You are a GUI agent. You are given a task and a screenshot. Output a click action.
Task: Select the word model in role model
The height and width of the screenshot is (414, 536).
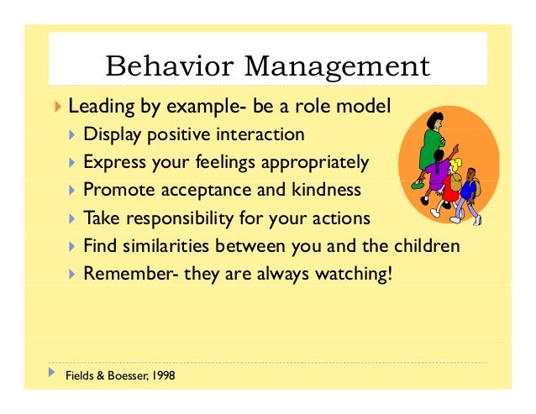click(x=366, y=107)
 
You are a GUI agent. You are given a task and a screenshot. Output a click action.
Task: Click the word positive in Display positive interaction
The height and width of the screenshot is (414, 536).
click(x=172, y=134)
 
